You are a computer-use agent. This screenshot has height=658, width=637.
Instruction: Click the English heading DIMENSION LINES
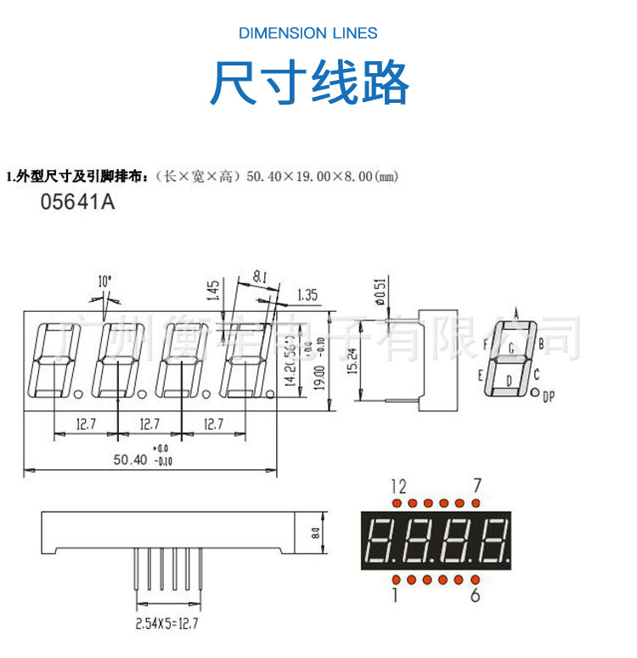308,33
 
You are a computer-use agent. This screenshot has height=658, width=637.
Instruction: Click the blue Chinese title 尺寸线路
310,82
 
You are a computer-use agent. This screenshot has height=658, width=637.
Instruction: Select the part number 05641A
77,203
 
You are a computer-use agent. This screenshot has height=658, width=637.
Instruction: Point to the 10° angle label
104,281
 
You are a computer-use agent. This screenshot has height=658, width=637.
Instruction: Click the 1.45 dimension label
213,291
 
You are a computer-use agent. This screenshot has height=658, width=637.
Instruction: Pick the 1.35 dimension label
307,296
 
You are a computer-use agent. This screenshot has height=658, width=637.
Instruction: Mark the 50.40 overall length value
130,459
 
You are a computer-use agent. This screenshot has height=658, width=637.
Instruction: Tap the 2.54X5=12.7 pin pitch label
166,623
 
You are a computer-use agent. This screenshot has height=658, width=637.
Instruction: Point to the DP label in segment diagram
548,395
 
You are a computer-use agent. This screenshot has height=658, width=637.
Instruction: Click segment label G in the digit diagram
511,348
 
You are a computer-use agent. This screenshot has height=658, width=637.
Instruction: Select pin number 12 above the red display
398,486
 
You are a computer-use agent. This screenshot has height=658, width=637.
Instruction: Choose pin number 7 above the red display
477,485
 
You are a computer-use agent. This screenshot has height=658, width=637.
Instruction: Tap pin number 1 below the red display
395,594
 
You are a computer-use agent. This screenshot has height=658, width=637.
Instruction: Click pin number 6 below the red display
476,594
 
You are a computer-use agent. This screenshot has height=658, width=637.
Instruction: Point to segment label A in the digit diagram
516,312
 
